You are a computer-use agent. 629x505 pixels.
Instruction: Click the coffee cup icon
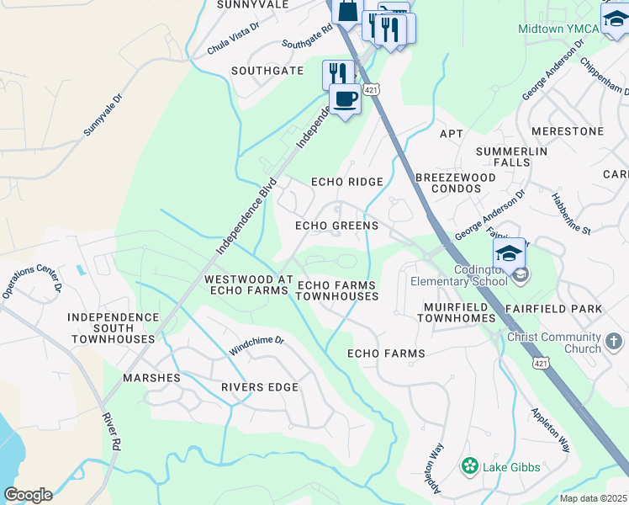[345, 99]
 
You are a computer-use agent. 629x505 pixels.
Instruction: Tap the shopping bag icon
[346, 11]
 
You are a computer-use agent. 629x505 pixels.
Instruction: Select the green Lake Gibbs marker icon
[469, 465]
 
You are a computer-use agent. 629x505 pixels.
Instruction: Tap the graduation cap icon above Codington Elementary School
[510, 253]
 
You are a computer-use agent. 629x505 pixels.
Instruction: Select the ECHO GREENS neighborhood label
[336, 226]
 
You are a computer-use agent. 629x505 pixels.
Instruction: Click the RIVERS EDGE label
[260, 387]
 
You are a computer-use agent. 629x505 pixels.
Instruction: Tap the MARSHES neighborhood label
[152, 378]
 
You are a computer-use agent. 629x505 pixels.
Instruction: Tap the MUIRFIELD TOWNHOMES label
[455, 313]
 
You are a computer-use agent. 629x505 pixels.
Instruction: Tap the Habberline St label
[571, 213]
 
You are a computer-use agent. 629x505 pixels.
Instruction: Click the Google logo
[28, 495]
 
